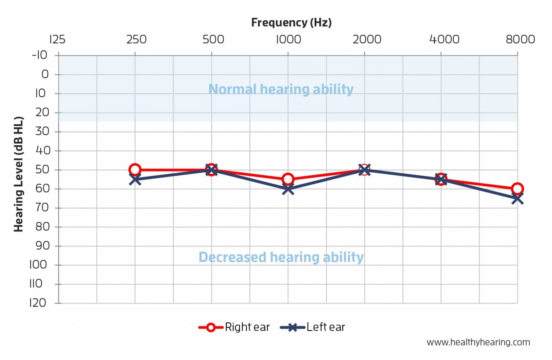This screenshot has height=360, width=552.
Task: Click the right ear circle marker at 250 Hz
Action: [x=135, y=169]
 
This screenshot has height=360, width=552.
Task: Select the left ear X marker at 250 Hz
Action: [x=135, y=179]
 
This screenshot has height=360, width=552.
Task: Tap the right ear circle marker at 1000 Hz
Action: [x=288, y=179]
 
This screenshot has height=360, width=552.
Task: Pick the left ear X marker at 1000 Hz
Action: [x=288, y=189]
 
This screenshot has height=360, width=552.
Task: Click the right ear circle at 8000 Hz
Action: [x=517, y=189]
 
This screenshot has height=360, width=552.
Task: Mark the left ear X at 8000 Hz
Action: [x=517, y=198]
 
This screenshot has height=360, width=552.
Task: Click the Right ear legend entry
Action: [x=234, y=327]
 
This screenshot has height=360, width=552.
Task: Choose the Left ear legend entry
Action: [x=313, y=327]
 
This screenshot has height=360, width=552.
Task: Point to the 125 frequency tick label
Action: [x=57, y=39]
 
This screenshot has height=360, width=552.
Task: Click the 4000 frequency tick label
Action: [x=444, y=39]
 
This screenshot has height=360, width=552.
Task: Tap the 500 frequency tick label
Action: [x=213, y=39]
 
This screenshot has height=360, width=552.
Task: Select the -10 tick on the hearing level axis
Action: [x=40, y=55]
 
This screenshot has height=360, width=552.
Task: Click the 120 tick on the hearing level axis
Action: [x=38, y=303]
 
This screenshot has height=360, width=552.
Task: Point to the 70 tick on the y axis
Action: [x=42, y=207]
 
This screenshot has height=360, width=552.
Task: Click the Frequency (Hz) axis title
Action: [x=291, y=22]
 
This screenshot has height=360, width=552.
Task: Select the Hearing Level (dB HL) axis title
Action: [x=18, y=174]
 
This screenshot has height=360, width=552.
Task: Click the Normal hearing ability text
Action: [x=281, y=89]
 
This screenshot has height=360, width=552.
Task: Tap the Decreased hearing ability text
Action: [x=281, y=257]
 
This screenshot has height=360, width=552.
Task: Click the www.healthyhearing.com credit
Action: [x=478, y=342]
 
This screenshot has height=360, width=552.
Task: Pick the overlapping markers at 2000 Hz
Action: [x=364, y=169]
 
